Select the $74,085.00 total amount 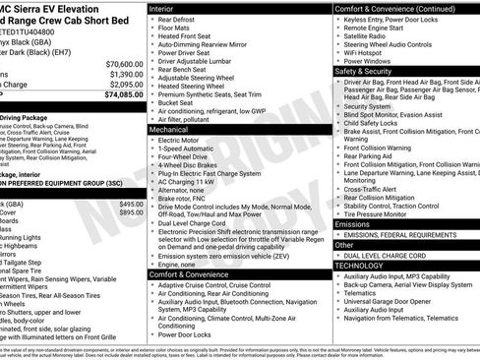[x=119, y=95]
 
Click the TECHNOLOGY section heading [x=361, y=266]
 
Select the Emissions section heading [x=355, y=224]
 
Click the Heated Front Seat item [x=188, y=35]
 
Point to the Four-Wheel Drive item [x=183, y=157]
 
